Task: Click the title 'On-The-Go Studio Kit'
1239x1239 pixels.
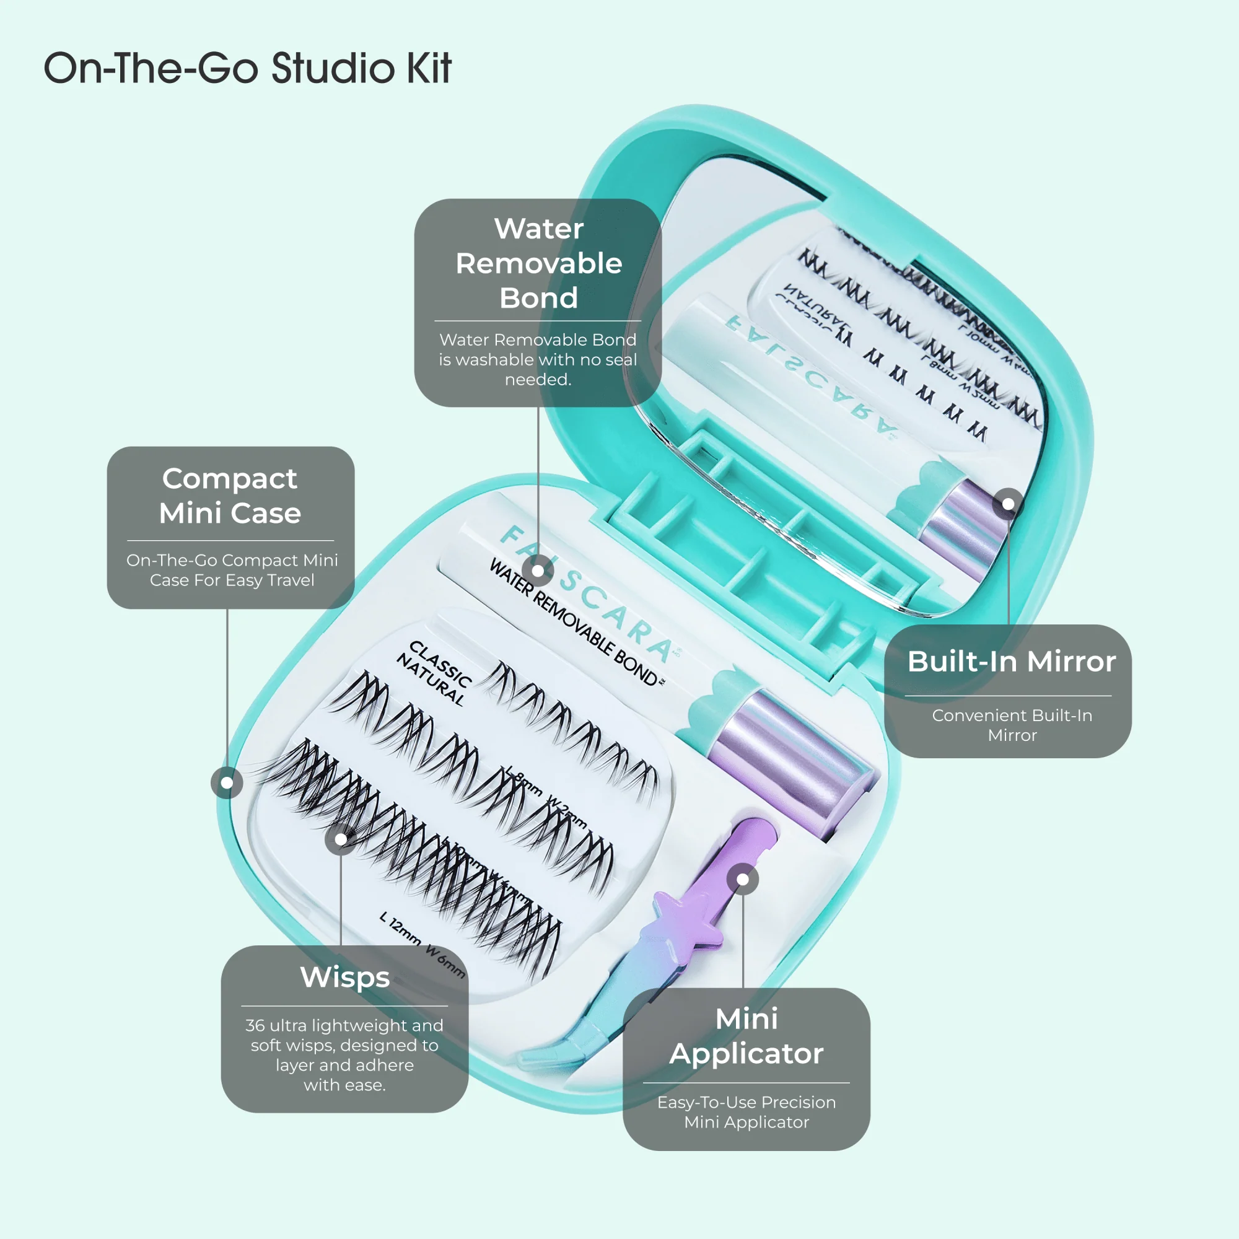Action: tap(248, 68)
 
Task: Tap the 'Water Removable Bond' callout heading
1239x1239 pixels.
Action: tap(539, 263)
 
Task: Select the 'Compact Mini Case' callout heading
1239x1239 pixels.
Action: tap(230, 496)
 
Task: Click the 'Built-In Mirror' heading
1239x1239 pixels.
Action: tap(1012, 661)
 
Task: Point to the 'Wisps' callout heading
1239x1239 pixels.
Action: tap(345, 977)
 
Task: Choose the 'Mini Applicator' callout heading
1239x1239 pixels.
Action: tap(746, 1036)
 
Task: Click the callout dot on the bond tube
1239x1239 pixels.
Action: tap(538, 571)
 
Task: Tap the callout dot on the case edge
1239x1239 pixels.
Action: tap(227, 782)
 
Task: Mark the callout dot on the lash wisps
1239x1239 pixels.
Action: tap(341, 839)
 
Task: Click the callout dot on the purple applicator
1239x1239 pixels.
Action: tap(743, 879)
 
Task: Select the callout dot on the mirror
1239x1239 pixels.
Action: tap(1008, 504)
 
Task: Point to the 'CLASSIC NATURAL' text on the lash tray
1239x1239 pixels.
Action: tap(434, 673)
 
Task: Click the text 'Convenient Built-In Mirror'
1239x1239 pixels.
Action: tap(1012, 725)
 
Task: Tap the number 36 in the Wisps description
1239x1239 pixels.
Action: tap(255, 1025)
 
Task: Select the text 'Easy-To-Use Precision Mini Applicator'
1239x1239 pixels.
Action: tap(746, 1112)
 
